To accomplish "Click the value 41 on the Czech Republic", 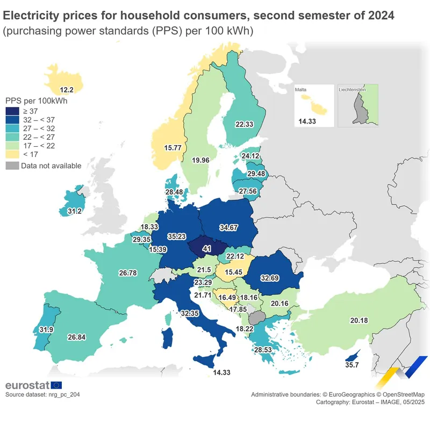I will tap(206, 249).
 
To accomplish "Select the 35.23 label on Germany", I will tap(176, 236).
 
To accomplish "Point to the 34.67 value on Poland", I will tap(228, 227).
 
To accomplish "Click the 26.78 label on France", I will tap(128, 273).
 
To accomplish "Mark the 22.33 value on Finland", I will tap(244, 124).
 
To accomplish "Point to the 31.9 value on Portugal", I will tap(47, 329).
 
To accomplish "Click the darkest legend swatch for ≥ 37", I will tap(12, 111).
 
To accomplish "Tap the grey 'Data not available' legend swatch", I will tap(12, 166).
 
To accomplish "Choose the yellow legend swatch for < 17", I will tap(12, 154).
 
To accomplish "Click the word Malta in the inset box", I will tap(301, 90).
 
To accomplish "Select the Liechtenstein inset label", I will tap(353, 90).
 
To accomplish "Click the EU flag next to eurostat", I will tap(56, 385).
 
